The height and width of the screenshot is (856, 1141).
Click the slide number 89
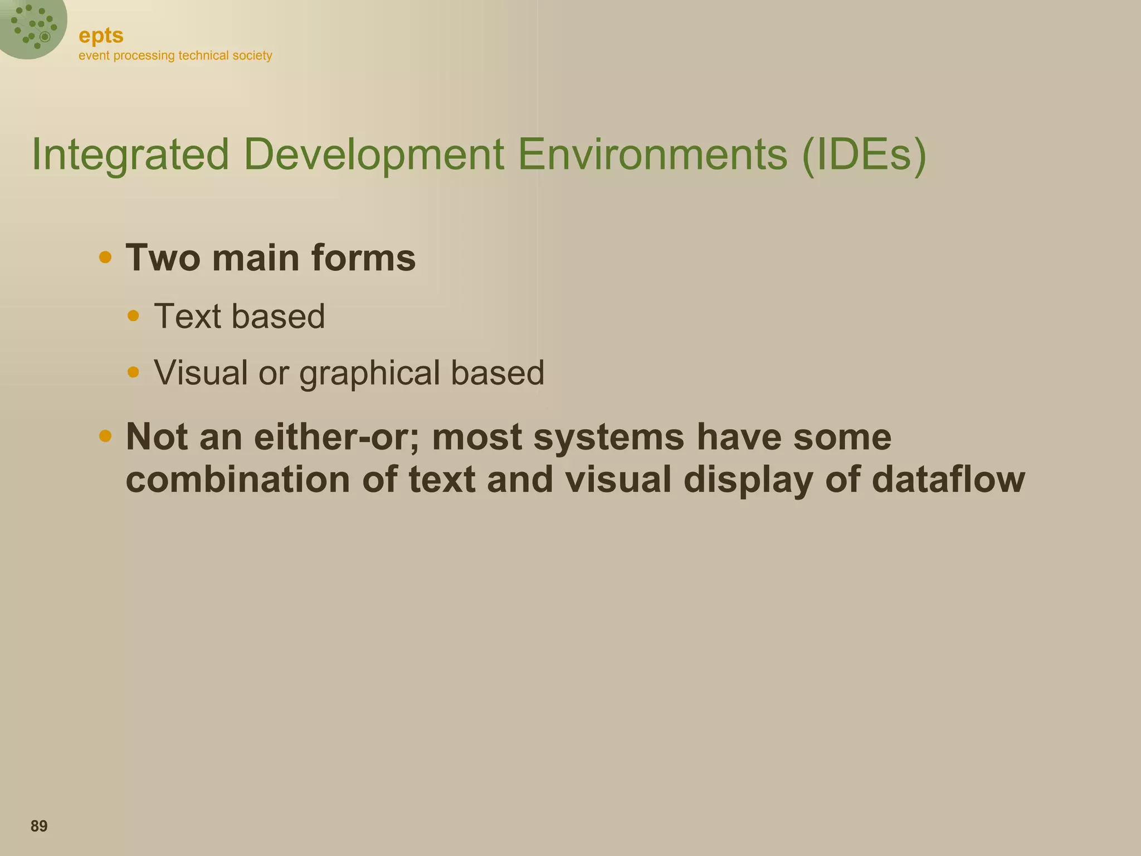pos(39,826)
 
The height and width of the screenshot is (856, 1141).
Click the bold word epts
pos(101,36)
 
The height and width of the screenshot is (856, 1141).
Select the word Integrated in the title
pos(130,154)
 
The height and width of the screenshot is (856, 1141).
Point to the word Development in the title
pos(374,154)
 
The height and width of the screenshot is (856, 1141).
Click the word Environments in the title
pos(652,154)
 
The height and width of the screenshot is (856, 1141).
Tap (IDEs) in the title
pos(864,154)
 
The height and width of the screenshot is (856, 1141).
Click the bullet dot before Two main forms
pos(105,257)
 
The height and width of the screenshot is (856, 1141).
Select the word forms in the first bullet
pos(363,258)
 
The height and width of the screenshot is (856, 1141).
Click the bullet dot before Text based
pos(133,316)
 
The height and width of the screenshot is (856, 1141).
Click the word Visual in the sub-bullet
pos(201,372)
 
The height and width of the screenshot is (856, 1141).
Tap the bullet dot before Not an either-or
pos(105,436)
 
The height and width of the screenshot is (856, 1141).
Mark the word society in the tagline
pos(252,56)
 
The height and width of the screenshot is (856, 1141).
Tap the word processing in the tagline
pos(144,56)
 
